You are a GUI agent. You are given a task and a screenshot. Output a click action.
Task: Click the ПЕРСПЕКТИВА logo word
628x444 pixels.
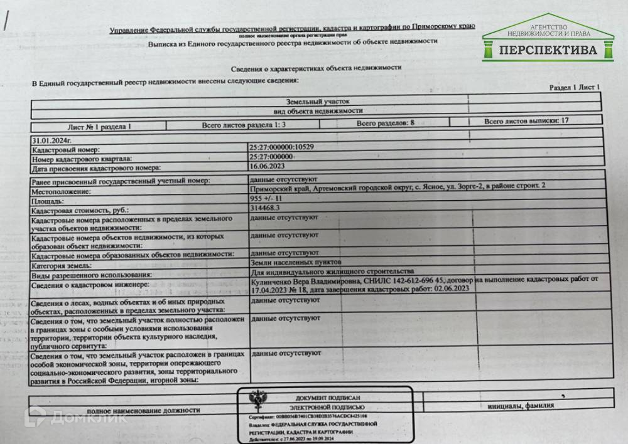tap(549, 50)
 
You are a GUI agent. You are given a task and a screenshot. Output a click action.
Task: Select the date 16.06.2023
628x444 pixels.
tap(266, 167)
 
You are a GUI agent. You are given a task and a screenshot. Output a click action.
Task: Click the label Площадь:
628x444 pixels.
tap(48, 203)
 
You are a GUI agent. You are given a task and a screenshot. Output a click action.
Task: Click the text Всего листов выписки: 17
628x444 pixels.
tap(526, 120)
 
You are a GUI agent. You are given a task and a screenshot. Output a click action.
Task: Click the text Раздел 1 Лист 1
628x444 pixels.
tap(575, 88)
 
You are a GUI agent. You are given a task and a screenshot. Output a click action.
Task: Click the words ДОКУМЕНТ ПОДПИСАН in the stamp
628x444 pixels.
tap(328, 398)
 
